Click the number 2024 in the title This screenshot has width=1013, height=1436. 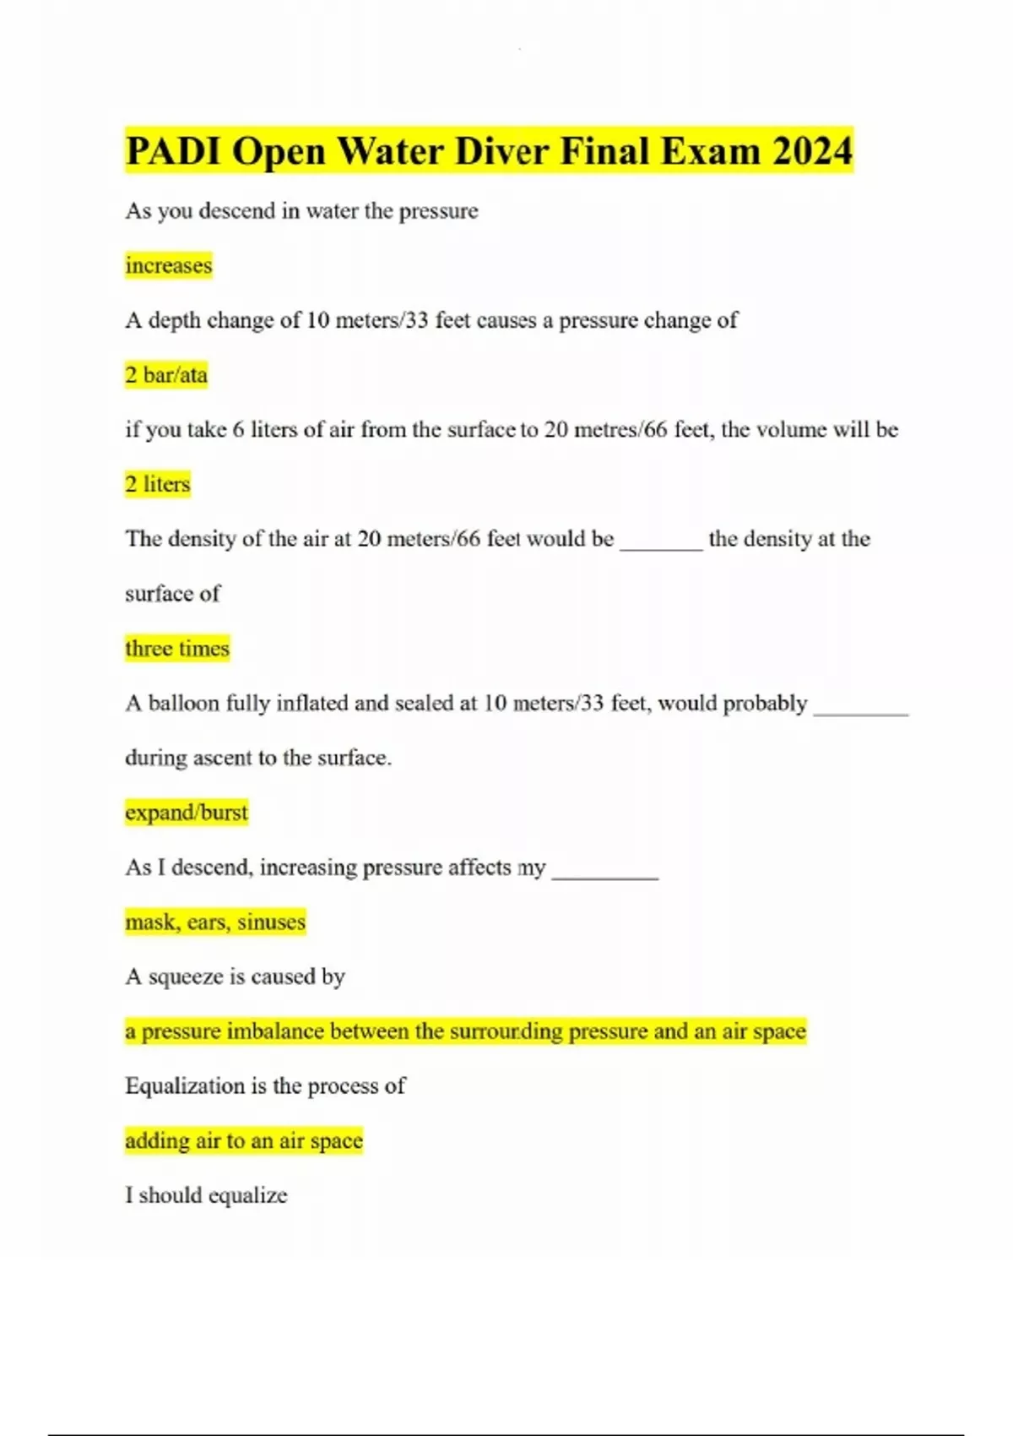(x=811, y=152)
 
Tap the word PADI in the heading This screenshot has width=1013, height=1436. (x=172, y=152)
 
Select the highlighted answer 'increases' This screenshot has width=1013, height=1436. (x=169, y=265)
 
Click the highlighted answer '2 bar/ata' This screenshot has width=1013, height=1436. (x=166, y=375)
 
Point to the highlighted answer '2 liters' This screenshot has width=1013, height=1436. (x=158, y=484)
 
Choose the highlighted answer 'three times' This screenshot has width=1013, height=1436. (x=177, y=649)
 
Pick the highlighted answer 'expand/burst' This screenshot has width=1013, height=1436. (x=187, y=813)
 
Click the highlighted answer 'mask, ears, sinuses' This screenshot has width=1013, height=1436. (x=215, y=922)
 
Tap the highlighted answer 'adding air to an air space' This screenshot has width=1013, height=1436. (x=244, y=1141)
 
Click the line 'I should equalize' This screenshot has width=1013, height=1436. (x=206, y=1195)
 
